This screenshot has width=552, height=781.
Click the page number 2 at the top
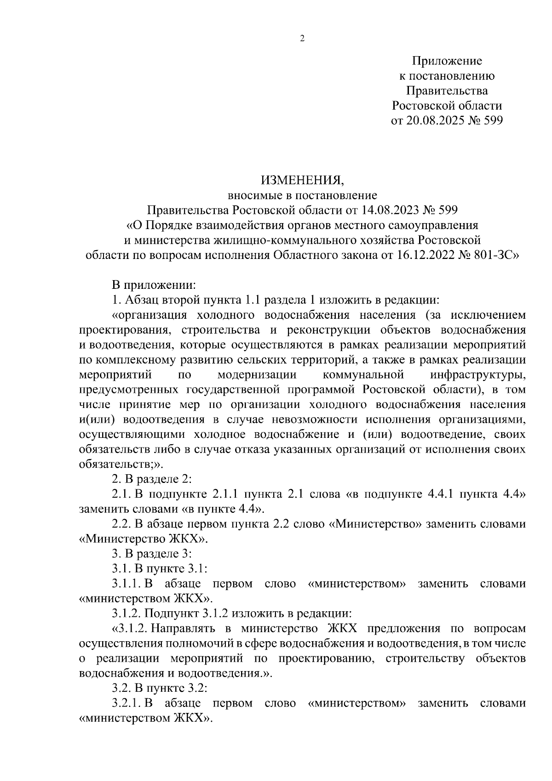302,39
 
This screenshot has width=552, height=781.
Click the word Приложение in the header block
447,61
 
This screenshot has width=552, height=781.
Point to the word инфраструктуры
478,375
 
